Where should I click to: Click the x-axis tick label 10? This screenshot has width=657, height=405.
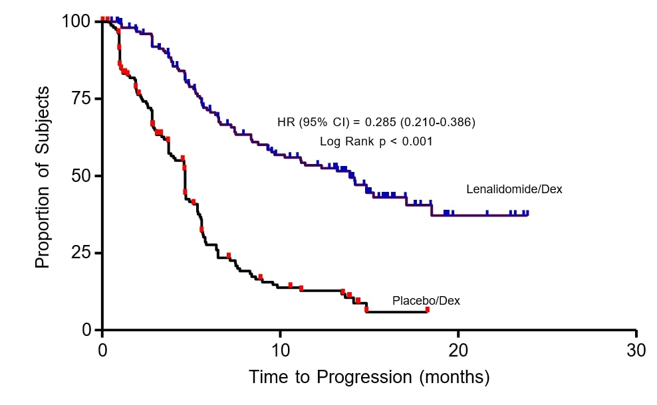(280, 350)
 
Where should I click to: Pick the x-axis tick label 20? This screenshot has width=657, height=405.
(458, 350)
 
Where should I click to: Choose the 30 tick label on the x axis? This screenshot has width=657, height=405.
(636, 350)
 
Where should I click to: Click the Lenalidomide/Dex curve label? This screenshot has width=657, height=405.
(514, 189)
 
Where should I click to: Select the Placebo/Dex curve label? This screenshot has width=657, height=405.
(426, 301)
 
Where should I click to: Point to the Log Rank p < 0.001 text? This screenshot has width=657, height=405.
(376, 141)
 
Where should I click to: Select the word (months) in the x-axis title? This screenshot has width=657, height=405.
(454, 378)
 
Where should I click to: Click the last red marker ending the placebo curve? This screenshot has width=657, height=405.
(428, 309)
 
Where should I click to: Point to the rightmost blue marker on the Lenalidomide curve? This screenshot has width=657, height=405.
(527, 213)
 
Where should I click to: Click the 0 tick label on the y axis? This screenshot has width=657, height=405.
(88, 330)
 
